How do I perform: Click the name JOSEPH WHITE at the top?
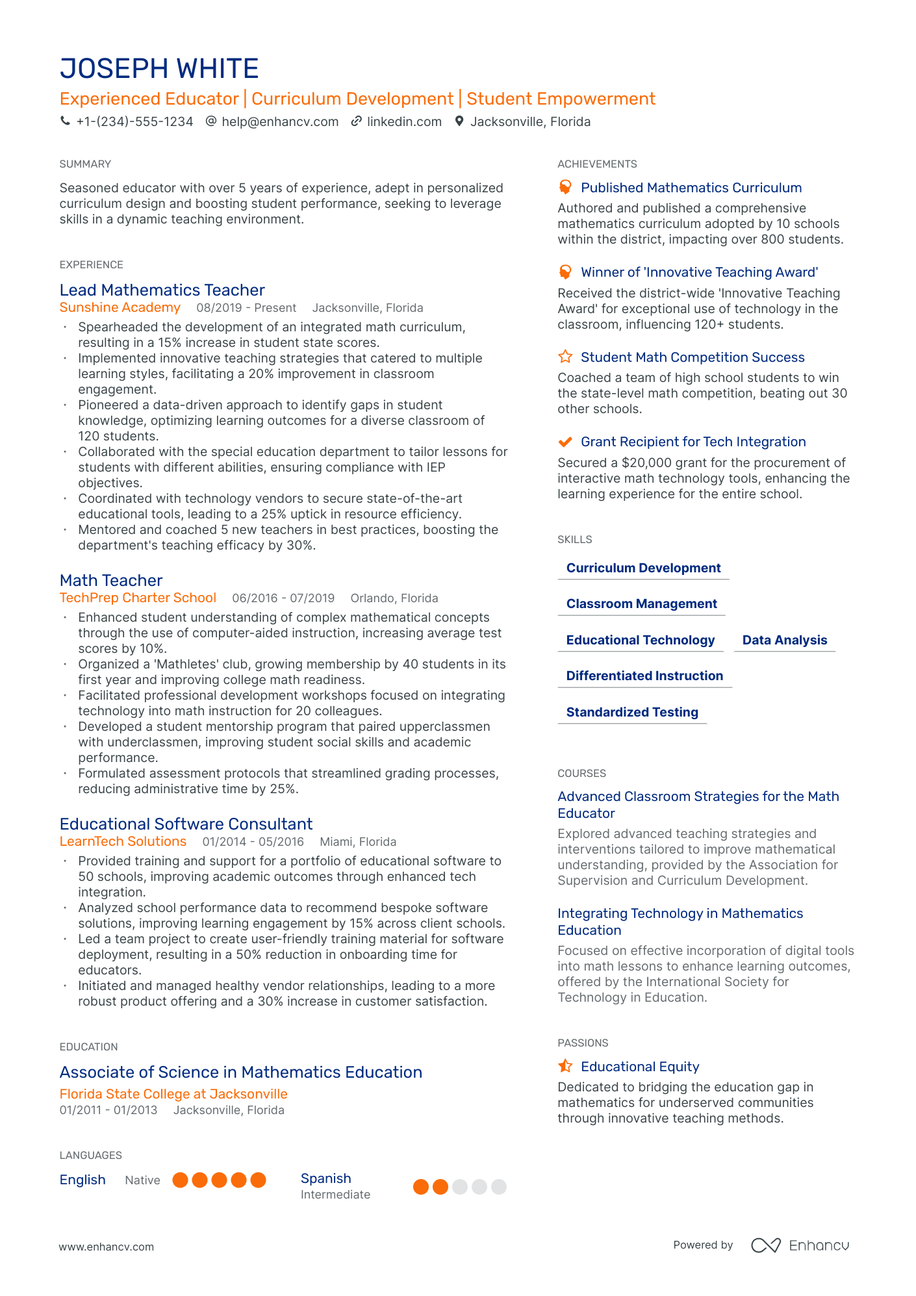159,69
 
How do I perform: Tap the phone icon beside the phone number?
65,121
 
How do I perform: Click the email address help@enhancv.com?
280,121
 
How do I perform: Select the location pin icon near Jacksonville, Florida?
459,121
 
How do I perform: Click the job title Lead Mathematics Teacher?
162,290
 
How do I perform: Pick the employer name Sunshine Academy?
120,307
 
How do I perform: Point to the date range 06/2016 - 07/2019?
283,598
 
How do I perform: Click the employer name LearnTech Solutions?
123,841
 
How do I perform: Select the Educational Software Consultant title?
186,824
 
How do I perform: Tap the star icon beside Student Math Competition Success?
565,357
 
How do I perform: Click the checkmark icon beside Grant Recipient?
565,442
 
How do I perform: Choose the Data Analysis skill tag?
784,640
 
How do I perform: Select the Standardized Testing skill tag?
632,712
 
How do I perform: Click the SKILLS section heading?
574,539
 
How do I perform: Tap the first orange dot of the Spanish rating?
421,1187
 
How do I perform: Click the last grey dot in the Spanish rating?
499,1187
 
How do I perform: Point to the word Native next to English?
142,1180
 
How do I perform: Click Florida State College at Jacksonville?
173,1093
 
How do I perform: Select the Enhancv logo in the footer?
800,1245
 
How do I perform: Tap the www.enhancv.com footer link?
107,1247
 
